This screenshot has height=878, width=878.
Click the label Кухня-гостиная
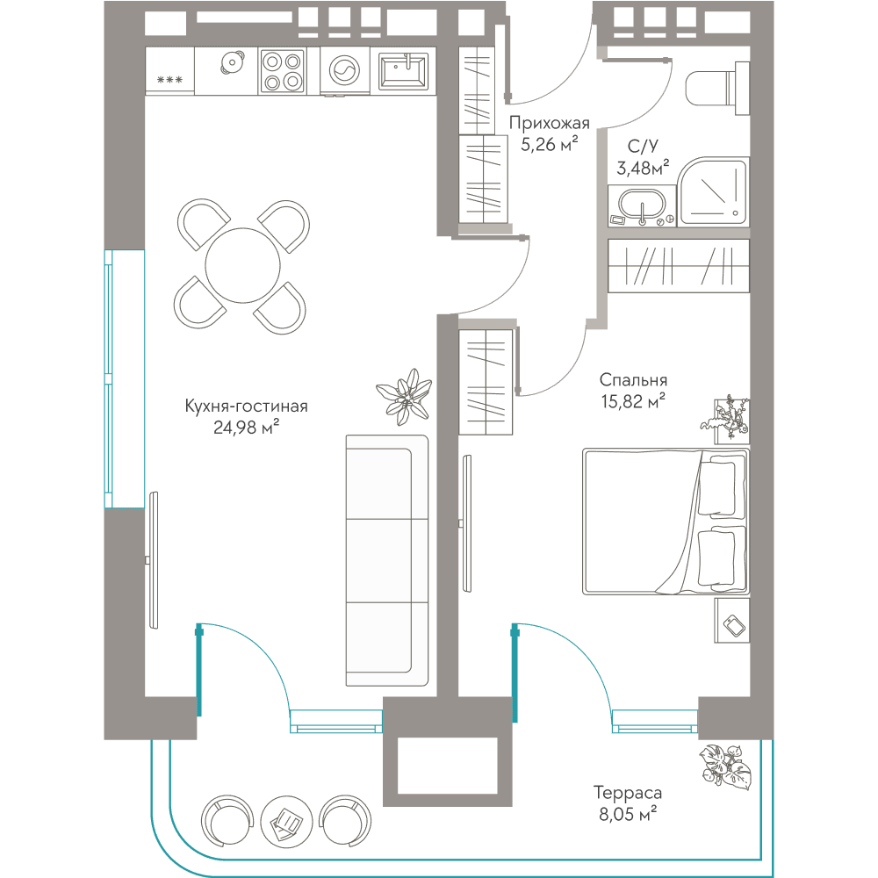click(247, 406)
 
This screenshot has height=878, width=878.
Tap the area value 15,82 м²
click(633, 401)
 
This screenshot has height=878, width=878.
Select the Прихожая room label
click(550, 123)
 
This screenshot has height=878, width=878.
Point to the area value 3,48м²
click(643, 167)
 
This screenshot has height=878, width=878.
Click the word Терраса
click(628, 792)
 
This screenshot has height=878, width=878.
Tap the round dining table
click(242, 265)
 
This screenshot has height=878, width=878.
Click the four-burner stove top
click(282, 71)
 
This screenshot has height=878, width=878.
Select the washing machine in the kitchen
click(344, 71)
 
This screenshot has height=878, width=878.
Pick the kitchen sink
click(403, 71)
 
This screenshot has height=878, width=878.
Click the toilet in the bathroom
click(716, 88)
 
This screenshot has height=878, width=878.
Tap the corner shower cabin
click(713, 191)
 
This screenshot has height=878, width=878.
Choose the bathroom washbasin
click(642, 205)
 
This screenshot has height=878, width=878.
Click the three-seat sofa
click(387, 560)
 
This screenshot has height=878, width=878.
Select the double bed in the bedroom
click(666, 521)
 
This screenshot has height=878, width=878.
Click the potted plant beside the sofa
click(404, 397)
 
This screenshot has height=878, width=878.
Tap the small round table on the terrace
click(286, 820)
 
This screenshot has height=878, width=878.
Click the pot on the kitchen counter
click(233, 62)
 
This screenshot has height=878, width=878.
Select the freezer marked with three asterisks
click(169, 71)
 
